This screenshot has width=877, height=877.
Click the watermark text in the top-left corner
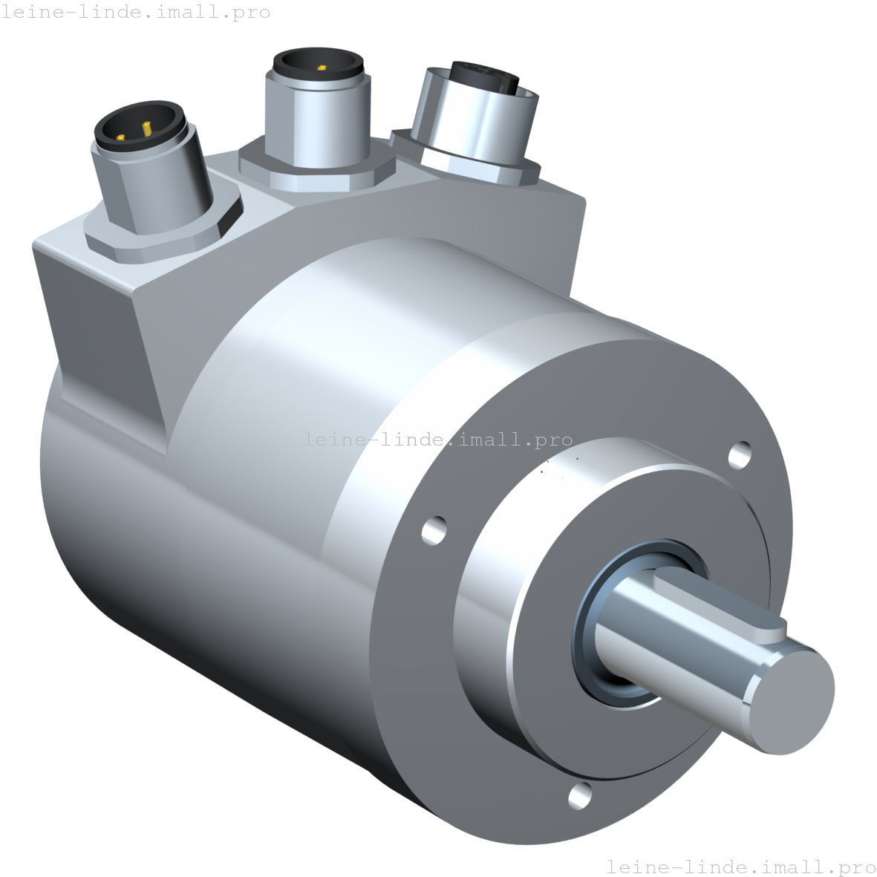pos(136,13)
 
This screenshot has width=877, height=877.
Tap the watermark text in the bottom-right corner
pos(740,867)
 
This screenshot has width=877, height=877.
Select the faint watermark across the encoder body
pos(438,440)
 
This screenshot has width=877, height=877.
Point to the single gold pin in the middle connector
pos(322,68)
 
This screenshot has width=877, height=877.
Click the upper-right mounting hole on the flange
pos(740,454)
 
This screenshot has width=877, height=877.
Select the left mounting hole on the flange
pos(434,529)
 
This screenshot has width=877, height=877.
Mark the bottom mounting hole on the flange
pos(580,795)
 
